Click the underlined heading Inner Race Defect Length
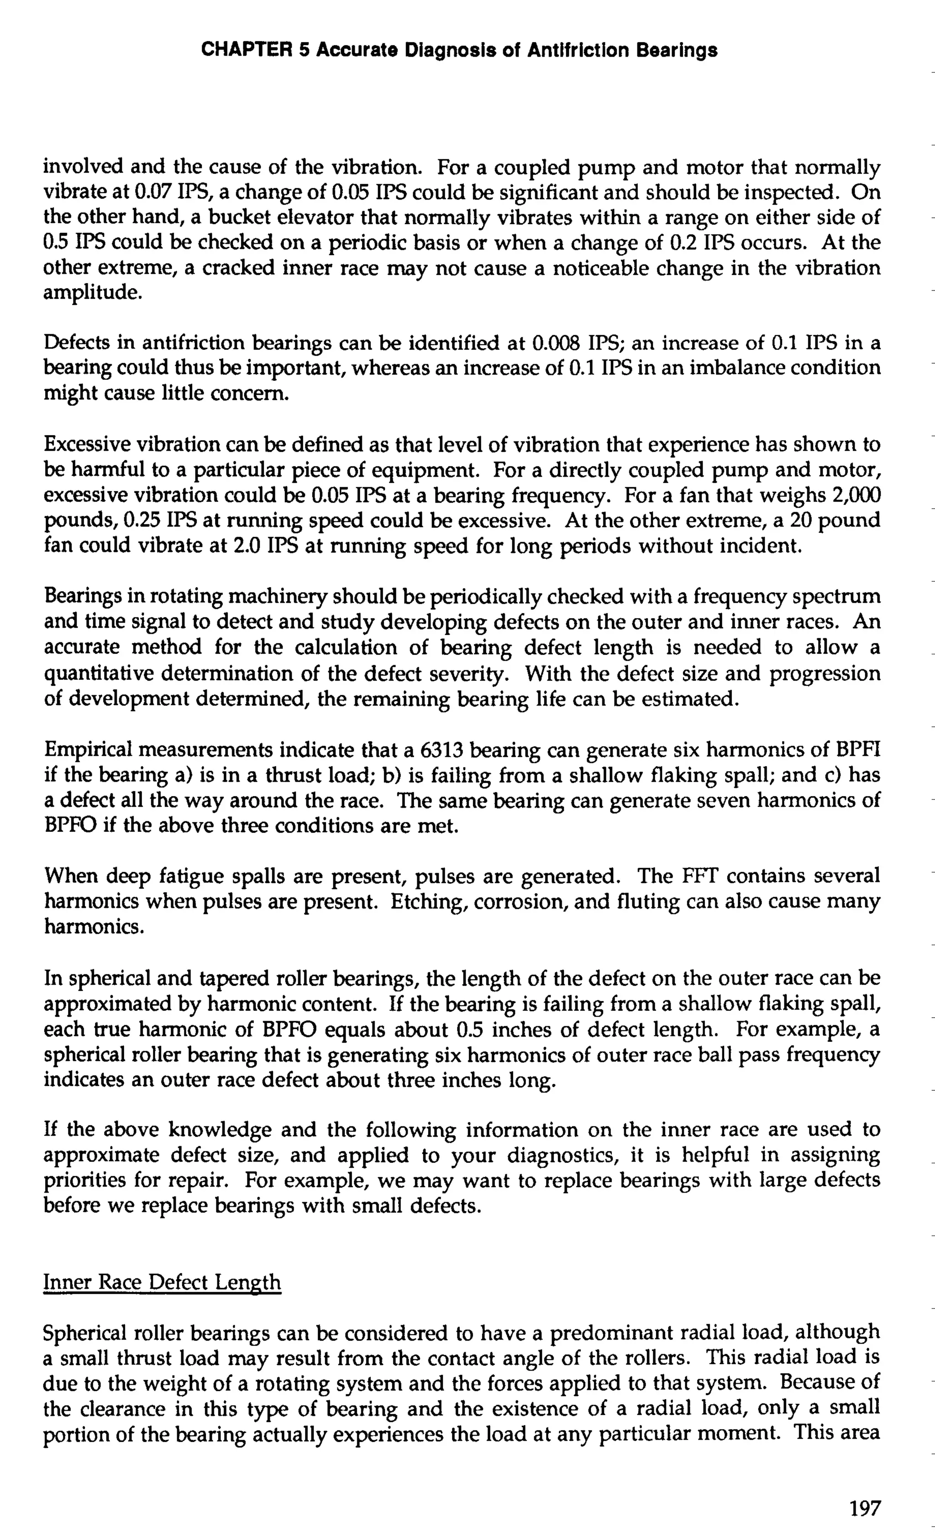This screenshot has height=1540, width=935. [162, 1282]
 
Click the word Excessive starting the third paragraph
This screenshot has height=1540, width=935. [87, 444]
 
